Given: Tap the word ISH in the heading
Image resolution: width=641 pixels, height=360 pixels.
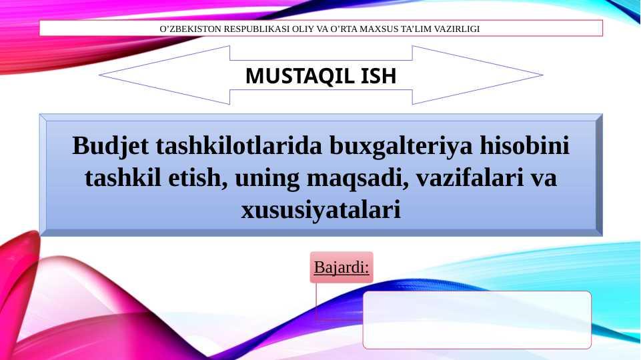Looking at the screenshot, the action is (x=379, y=75).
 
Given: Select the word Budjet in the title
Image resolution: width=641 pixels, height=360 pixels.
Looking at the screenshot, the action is (x=110, y=146).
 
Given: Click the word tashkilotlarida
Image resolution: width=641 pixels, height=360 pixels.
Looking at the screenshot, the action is (x=239, y=145).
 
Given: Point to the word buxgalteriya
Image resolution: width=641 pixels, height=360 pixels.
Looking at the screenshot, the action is (x=401, y=146).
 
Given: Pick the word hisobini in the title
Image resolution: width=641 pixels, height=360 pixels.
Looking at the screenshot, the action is (x=524, y=145).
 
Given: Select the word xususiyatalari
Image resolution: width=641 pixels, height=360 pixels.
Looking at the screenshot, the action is (x=321, y=211).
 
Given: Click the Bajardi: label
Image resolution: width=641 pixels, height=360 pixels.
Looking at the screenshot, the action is (x=342, y=267).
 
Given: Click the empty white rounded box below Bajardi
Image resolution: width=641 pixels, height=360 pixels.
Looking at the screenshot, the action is (x=477, y=320).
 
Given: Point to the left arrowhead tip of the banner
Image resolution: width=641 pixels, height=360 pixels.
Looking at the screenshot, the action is (x=99, y=75).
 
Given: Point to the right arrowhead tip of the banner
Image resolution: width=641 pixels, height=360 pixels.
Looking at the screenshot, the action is (x=543, y=75).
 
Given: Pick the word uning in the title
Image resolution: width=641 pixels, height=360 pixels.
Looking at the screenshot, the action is (x=267, y=179).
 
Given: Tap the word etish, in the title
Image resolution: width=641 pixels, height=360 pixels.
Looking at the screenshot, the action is (x=198, y=178).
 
